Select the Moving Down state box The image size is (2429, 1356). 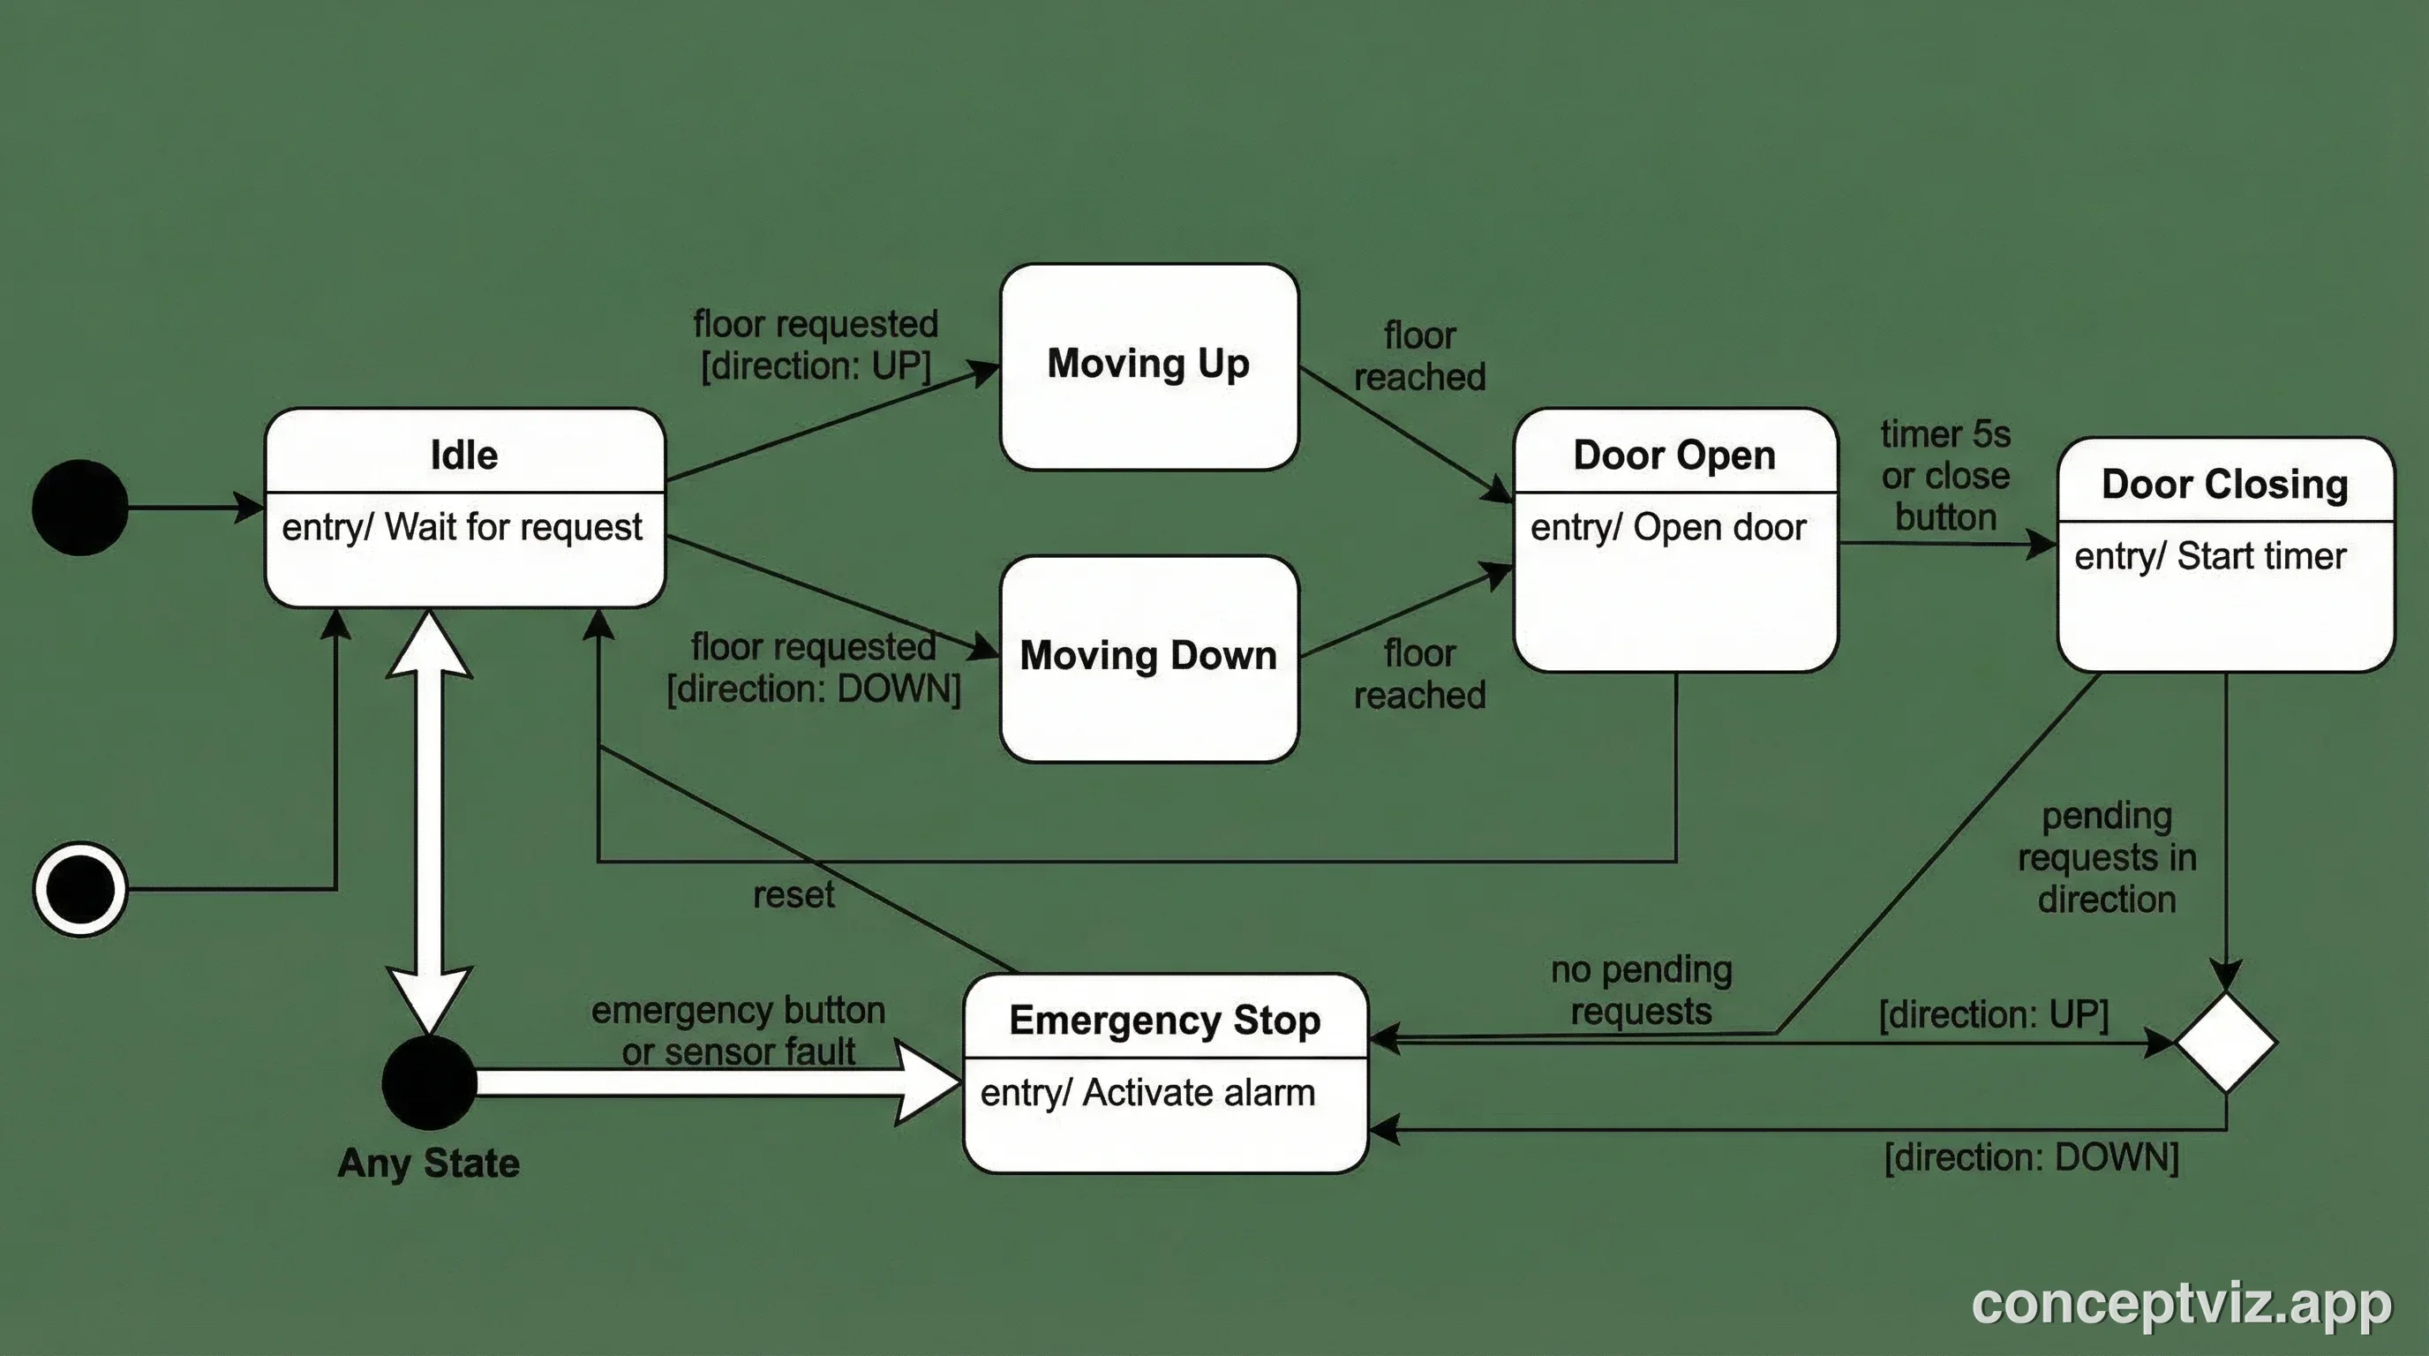pyautogui.click(x=1148, y=658)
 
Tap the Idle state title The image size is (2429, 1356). pyautogui.click(x=464, y=456)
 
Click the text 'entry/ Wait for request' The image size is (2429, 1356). pyautogui.click(x=462, y=527)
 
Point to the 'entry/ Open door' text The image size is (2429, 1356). pyautogui.click(x=1667, y=528)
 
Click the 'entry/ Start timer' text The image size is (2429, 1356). pyautogui.click(x=2209, y=556)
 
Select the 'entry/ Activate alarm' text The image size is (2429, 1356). pyautogui.click(x=1147, y=1093)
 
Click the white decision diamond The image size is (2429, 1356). pyautogui.click(x=2225, y=1042)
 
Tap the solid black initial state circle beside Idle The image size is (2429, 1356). pyautogui.click(x=80, y=508)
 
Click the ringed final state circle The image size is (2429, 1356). pyautogui.click(x=80, y=888)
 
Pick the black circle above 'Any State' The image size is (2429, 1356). pyautogui.click(x=429, y=1082)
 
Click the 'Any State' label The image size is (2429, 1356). pyautogui.click(x=428, y=1163)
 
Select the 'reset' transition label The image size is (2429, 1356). pyautogui.click(x=793, y=895)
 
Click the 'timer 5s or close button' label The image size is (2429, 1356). pyautogui.click(x=1945, y=476)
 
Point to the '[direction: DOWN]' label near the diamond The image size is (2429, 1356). pyautogui.click(x=2031, y=1158)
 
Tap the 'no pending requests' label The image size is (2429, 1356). pyautogui.click(x=1641, y=991)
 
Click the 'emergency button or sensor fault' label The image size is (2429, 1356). pyautogui.click(x=738, y=1030)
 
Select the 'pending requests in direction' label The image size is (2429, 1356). pyautogui.click(x=2107, y=858)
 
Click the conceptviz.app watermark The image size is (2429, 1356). pyautogui.click(x=2181, y=1303)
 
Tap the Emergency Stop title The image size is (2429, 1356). pyautogui.click(x=1163, y=1021)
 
